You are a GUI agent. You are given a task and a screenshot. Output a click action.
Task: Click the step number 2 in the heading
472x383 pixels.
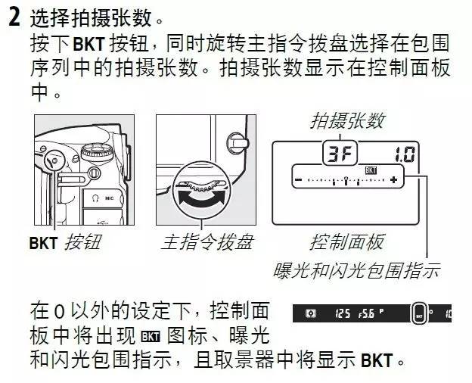click(x=12, y=17)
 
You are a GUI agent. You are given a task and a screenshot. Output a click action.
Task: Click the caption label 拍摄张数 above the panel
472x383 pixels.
click(x=347, y=120)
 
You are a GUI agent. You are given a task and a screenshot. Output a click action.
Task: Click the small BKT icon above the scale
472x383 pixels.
click(x=371, y=170)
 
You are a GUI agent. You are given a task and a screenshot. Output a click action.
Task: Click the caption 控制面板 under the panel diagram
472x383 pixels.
click(x=347, y=242)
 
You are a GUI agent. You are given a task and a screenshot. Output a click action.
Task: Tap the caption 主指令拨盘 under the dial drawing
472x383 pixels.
click(x=206, y=242)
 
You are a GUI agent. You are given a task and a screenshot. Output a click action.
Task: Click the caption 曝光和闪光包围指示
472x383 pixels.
click(x=356, y=269)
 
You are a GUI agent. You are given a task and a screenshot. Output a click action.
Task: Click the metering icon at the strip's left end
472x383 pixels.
click(x=309, y=312)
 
